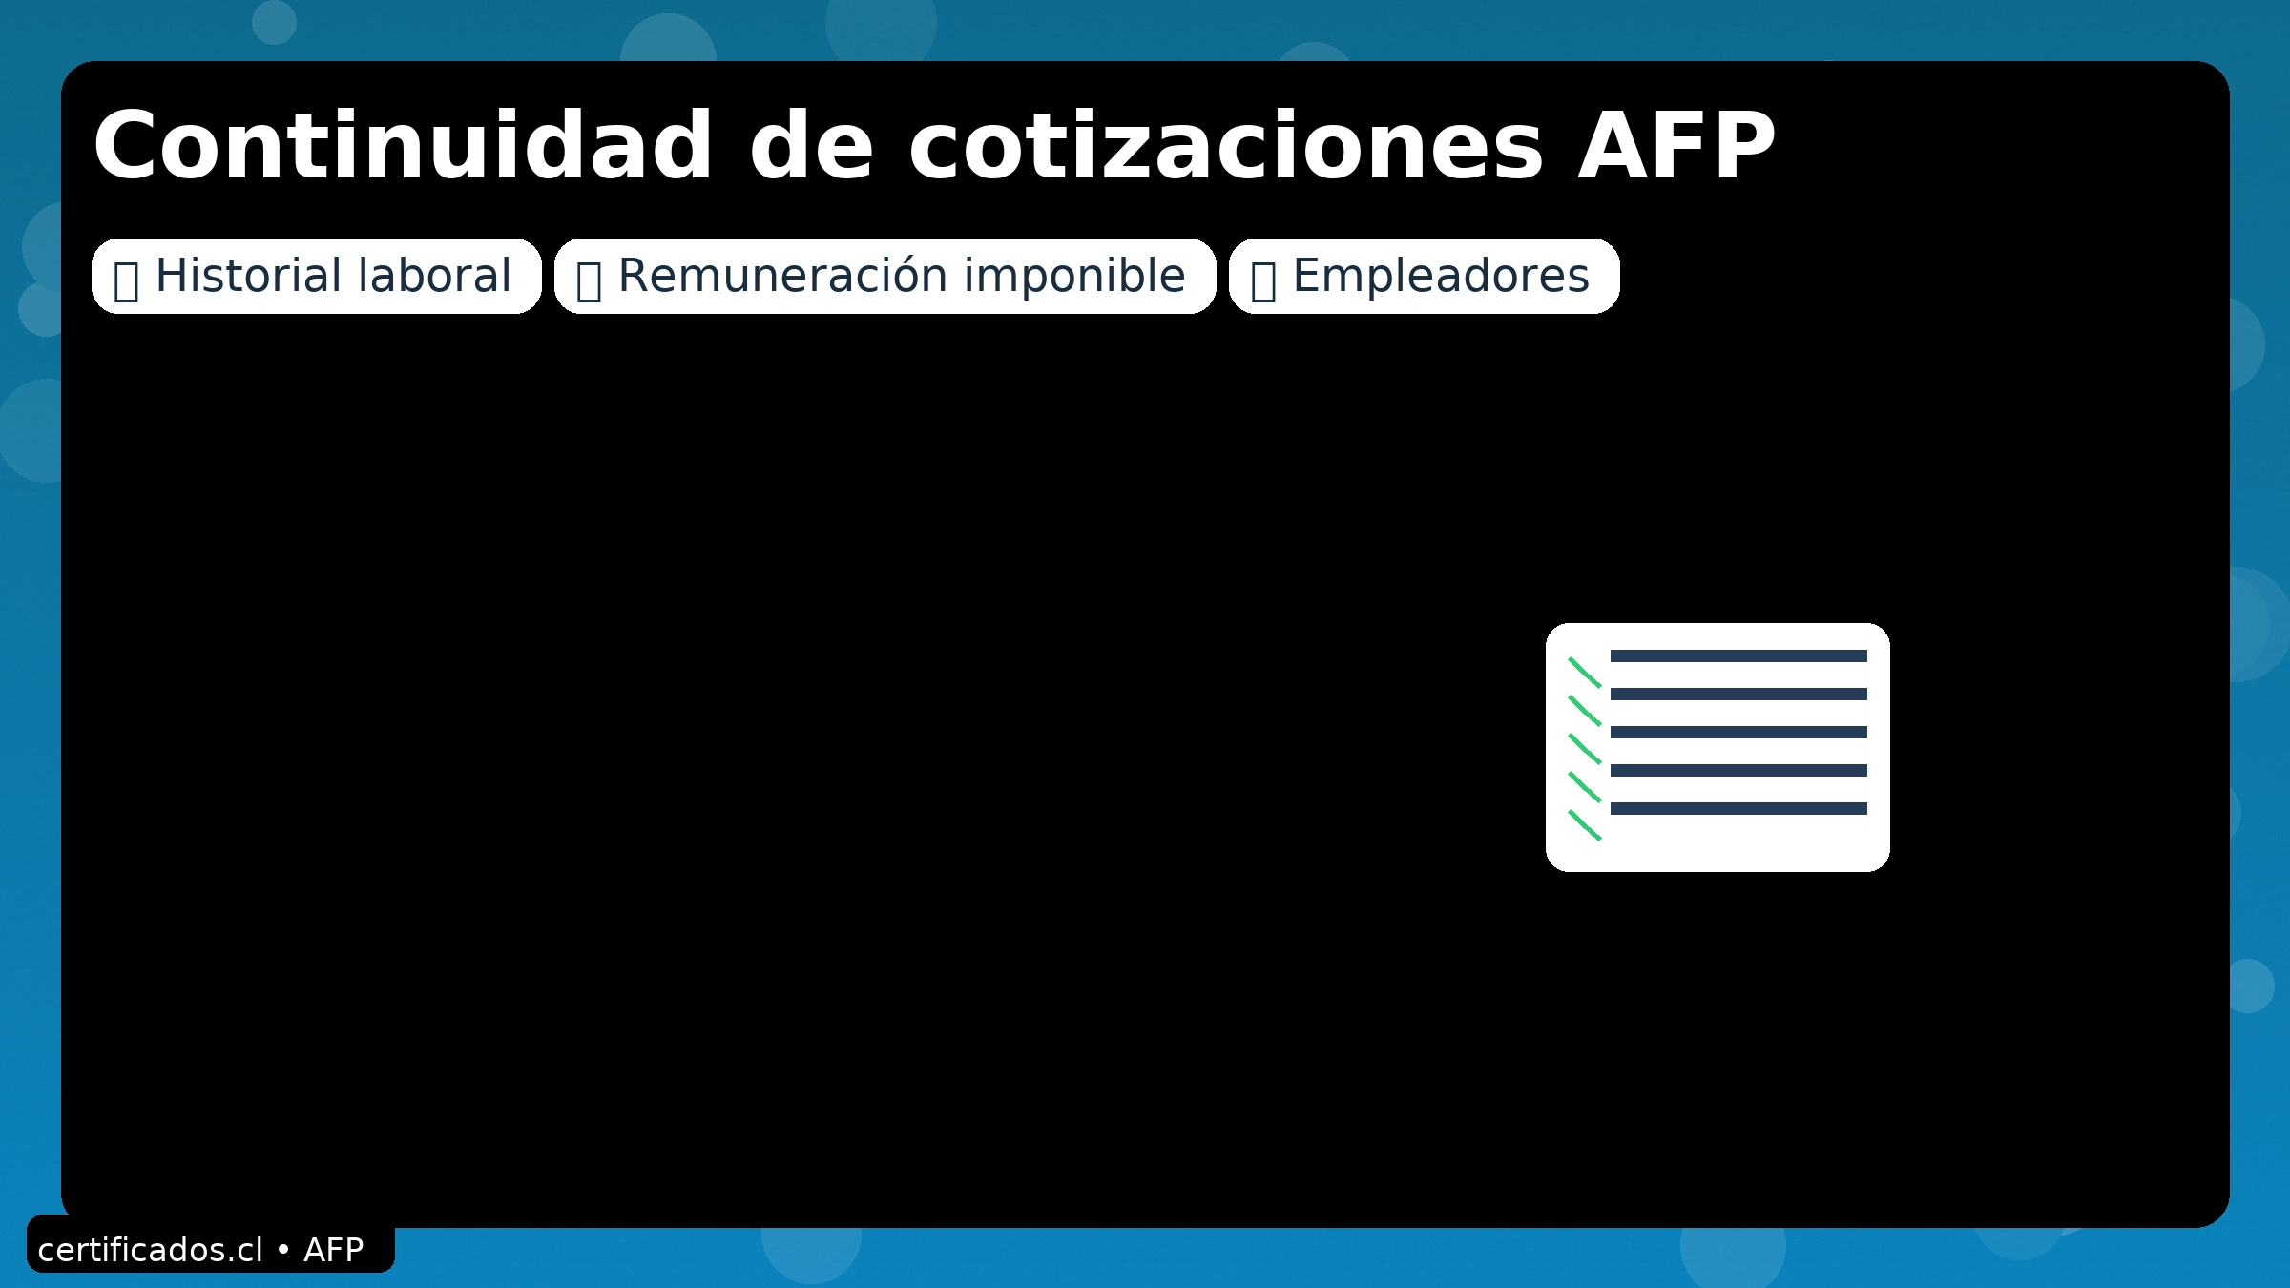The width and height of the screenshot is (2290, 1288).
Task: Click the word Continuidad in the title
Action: [403, 145]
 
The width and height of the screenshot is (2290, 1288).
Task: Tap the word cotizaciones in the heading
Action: [1225, 145]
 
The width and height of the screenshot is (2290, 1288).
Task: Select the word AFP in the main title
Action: [1676, 145]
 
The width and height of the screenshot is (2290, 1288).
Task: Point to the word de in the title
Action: [811, 145]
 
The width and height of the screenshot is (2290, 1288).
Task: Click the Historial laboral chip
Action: [316, 276]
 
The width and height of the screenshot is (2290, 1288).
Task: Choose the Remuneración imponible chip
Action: [885, 276]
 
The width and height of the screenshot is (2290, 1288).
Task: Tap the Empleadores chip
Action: [1424, 276]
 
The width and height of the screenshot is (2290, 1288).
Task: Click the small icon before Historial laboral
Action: [126, 280]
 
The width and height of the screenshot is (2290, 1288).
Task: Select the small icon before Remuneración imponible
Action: [589, 280]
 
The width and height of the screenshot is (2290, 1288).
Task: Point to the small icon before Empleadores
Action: [1263, 280]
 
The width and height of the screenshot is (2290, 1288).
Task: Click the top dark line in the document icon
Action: [1738, 655]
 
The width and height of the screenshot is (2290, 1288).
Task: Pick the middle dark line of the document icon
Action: [1738, 732]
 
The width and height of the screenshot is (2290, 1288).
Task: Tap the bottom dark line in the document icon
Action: [1738, 808]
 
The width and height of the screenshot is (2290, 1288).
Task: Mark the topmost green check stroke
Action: [1585, 673]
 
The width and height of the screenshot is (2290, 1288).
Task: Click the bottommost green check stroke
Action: [1585, 825]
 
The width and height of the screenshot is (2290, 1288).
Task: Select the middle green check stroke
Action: [1585, 749]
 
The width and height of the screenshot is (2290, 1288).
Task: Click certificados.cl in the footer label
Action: [150, 1250]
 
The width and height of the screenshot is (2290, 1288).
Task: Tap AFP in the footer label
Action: [334, 1250]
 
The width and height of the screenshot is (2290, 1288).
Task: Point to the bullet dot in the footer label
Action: [282, 1249]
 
